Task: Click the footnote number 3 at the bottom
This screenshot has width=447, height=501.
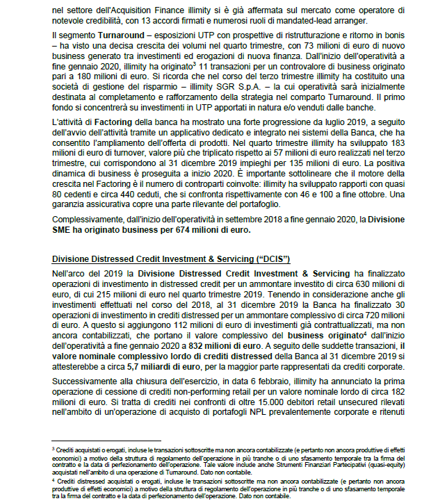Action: click(54, 450)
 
